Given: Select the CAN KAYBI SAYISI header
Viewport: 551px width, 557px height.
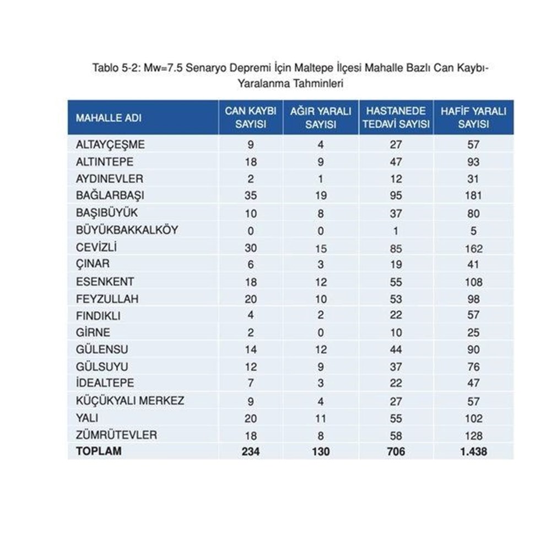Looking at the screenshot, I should tap(251, 117).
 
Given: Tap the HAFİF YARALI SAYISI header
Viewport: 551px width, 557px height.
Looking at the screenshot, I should tap(473, 117).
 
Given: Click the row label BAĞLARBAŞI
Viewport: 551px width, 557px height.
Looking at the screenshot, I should tap(105, 196).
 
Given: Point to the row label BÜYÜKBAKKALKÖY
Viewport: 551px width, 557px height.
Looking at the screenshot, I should tap(127, 230).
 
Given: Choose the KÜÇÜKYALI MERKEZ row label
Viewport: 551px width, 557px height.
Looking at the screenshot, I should tap(130, 401).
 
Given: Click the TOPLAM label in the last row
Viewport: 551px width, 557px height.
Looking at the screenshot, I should tap(99, 451).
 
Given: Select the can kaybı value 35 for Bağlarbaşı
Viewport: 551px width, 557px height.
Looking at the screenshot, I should tap(251, 196).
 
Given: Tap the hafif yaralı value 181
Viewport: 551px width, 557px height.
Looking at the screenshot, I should tap(473, 196).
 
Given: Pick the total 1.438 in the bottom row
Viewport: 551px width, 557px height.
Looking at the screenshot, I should tap(473, 452).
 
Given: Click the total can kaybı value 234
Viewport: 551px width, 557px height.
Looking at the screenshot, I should tap(251, 452).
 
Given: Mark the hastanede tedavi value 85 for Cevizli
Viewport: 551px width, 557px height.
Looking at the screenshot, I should tap(396, 248).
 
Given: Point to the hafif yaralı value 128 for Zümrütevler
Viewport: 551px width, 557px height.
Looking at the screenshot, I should tap(473, 435).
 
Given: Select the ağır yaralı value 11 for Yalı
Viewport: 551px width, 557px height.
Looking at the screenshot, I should tap(321, 418).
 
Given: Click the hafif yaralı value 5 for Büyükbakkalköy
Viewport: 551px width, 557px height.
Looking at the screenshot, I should tap(473, 231).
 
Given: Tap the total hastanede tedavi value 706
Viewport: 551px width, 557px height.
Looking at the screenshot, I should tap(396, 452).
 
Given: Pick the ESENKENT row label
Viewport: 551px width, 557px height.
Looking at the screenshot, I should tap(105, 282).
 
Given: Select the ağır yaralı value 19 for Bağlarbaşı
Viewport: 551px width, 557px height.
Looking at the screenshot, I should tap(321, 196).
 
